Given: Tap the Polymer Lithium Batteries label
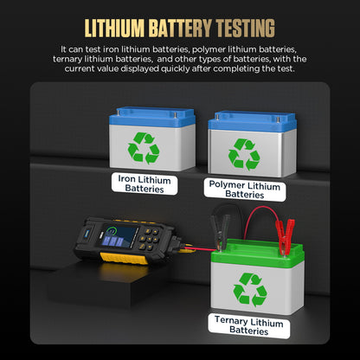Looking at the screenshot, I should [245, 189].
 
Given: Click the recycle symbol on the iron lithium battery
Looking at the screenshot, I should [144, 148].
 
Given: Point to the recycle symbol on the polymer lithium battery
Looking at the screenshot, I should [243, 153].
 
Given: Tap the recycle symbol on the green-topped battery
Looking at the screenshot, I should [250, 289].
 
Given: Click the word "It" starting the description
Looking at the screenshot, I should [64, 49].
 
